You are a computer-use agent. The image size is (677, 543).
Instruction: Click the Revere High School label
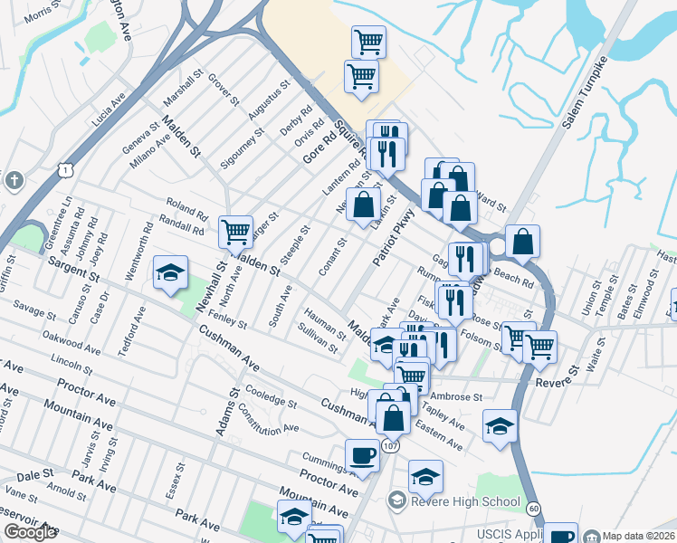point(465,501)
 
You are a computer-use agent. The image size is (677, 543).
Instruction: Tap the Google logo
point(30,532)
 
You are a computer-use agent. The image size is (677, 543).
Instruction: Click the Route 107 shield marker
point(390,446)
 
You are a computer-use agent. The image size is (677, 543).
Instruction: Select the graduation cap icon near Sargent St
point(169,275)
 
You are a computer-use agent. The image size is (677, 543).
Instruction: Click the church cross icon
point(14,180)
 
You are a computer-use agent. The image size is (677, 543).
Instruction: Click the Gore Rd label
point(319,145)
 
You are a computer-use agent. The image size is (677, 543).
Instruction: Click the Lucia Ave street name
point(108,110)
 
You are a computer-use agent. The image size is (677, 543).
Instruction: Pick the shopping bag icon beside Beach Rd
point(522,243)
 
